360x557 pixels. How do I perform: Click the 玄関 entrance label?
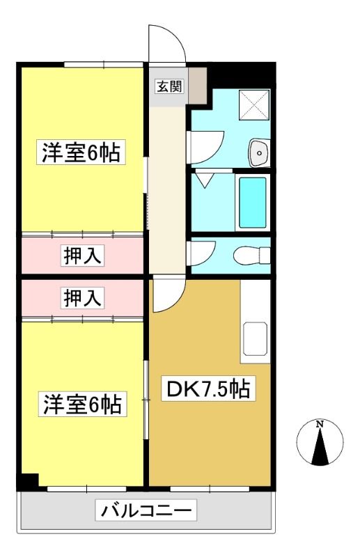(170, 86)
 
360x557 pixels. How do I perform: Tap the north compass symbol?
(320, 443)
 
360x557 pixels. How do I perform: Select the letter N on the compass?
(320, 424)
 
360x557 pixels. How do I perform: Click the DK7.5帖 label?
(208, 389)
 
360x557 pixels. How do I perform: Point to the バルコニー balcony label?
(146, 510)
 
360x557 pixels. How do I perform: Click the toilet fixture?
(251, 255)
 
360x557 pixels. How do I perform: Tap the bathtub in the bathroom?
(253, 203)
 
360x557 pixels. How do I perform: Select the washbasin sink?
(260, 152)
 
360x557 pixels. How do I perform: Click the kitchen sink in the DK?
(255, 339)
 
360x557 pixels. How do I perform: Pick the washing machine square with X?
(254, 105)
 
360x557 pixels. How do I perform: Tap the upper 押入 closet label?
(84, 255)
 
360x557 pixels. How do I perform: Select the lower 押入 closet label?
(84, 298)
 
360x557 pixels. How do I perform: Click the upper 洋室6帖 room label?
(81, 152)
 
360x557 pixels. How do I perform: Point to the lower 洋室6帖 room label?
(82, 405)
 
